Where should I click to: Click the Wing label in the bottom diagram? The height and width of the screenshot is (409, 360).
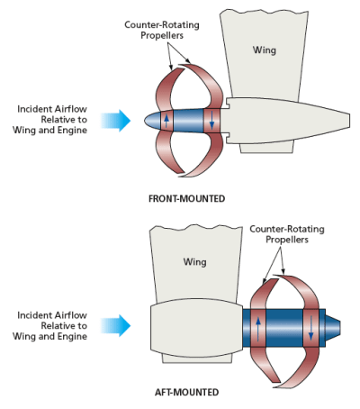point(195,262)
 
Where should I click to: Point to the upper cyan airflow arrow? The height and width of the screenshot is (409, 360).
point(117,121)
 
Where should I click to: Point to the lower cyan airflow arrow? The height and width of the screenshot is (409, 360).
point(117,324)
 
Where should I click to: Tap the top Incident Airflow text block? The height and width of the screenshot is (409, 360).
point(51,121)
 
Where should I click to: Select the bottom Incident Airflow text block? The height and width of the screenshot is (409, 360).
point(51,325)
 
